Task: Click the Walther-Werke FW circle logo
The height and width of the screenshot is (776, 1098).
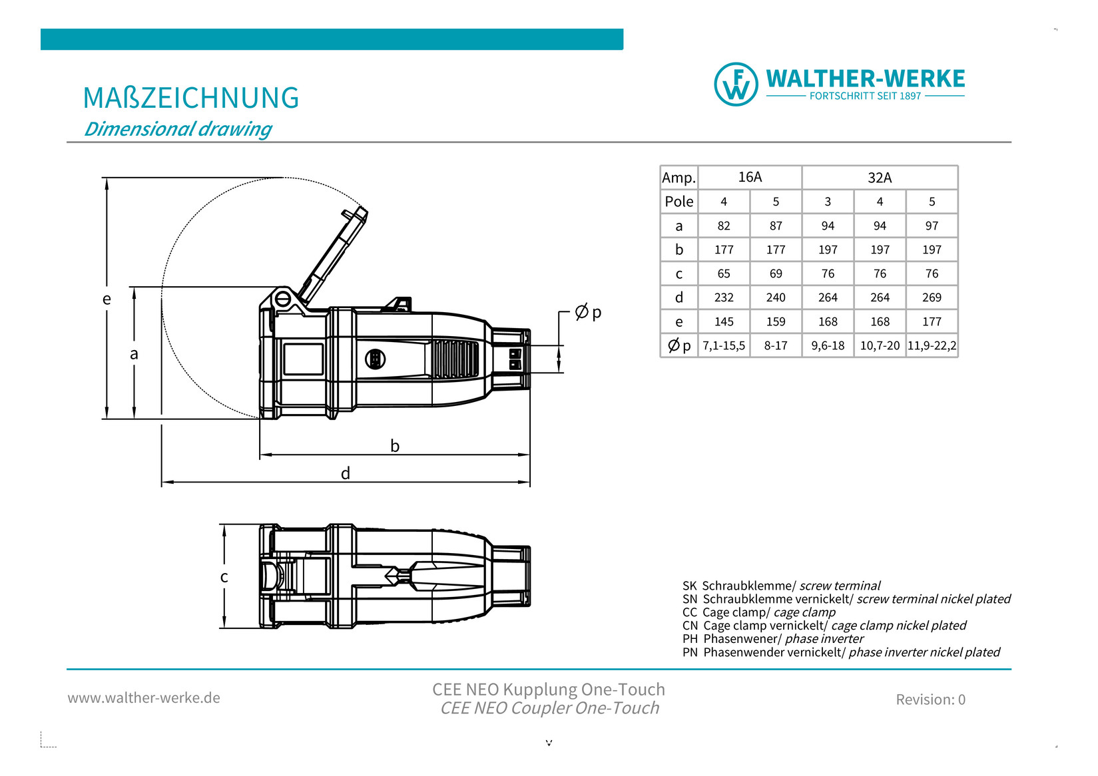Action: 736,85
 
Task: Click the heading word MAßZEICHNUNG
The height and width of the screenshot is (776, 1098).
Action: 191,98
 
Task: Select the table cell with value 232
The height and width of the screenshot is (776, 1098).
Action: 724,297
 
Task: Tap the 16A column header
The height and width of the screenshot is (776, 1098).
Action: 750,177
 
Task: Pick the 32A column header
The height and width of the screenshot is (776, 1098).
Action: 880,178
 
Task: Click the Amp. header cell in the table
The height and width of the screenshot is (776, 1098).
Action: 679,178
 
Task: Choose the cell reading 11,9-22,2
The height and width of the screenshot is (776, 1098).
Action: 932,345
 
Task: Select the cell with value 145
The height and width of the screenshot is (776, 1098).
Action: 724,321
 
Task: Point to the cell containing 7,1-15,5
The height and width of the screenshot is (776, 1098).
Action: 724,345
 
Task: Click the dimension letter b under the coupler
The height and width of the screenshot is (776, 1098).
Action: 395,446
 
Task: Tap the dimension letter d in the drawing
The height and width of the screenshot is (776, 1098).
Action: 346,473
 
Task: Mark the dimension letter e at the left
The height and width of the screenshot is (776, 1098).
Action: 107,299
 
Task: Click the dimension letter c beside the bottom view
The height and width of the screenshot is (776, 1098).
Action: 224,577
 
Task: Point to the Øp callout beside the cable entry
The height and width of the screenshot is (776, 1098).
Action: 588,311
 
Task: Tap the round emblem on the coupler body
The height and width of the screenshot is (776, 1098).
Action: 376,359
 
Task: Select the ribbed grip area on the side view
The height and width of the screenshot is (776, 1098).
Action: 455,359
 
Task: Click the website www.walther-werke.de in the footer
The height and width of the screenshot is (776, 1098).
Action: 144,698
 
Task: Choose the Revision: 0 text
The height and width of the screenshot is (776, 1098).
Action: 930,699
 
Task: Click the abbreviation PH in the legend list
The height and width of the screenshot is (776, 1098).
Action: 690,639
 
